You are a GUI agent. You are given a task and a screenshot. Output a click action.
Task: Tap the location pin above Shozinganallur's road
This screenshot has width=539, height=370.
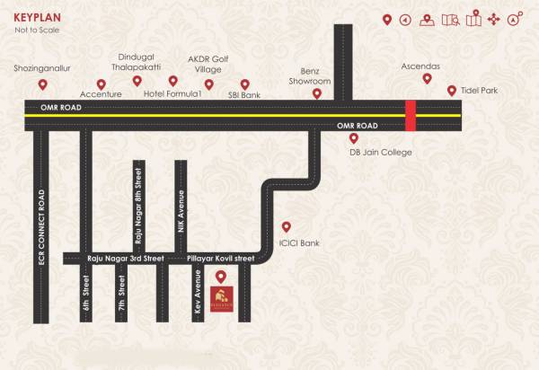pyautogui.click(x=42, y=85)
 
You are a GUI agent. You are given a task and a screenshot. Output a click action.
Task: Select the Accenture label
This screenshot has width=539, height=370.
pyautogui.click(x=101, y=93)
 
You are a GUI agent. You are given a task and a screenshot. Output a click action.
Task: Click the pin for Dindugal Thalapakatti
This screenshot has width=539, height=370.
pyautogui.click(x=137, y=81)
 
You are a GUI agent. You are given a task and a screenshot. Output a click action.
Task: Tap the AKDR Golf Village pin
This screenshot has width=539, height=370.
pyautogui.click(x=208, y=85)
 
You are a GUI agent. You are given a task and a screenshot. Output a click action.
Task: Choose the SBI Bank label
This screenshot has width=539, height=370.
pyautogui.click(x=243, y=93)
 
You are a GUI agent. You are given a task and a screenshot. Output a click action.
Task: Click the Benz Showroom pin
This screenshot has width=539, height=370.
pyautogui.click(x=315, y=92)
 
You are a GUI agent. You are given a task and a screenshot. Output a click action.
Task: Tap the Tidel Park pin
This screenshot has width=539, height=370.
pyautogui.click(x=452, y=90)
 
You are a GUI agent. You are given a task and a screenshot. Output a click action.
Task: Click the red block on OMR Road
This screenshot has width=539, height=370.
pyautogui.click(x=411, y=116)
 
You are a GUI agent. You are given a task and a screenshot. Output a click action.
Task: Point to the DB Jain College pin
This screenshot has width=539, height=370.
pyautogui.click(x=354, y=138)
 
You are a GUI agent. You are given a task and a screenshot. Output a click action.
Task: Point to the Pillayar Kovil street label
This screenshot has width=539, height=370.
pyautogui.click(x=220, y=259)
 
